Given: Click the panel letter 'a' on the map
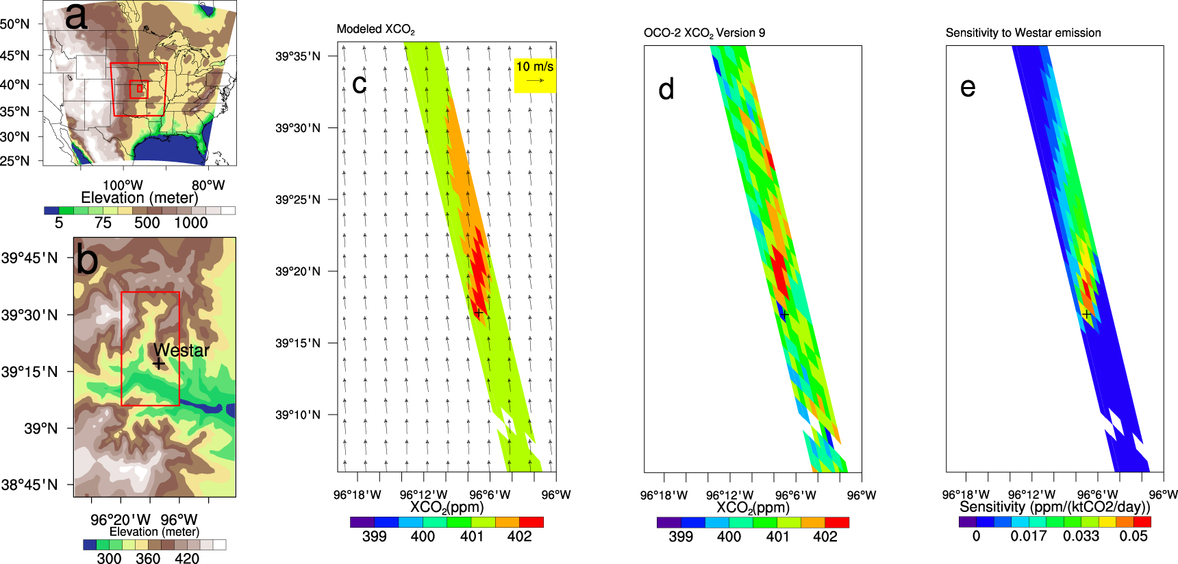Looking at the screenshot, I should (76, 16).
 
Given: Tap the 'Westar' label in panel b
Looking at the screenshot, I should (181, 350).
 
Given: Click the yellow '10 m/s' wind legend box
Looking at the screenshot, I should (535, 74).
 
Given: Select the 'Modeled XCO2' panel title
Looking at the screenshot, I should (375, 29).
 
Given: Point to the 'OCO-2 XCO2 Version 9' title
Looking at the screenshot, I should (704, 33).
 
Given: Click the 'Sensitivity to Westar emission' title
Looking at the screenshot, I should (1023, 33).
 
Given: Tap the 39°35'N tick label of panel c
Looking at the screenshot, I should (298, 56).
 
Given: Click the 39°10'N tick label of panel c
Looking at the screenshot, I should (298, 415).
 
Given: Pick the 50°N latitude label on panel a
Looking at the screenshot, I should (15, 25).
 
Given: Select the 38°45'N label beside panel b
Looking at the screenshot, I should (29, 485).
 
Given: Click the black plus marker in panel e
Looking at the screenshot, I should (1086, 315).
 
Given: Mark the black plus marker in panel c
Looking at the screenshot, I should (479, 312).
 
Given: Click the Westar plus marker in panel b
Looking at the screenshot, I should (158, 364).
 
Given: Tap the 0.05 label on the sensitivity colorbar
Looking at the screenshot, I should (1133, 537).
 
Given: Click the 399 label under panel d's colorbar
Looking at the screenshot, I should (680, 537).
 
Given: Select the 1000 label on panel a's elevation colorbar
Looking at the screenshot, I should (190, 223).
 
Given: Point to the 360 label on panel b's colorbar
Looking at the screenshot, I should (148, 559).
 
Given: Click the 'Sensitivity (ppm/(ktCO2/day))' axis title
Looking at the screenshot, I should (1055, 507).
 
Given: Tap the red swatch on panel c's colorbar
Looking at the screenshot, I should (531, 522).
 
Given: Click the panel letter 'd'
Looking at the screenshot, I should (666, 90).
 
